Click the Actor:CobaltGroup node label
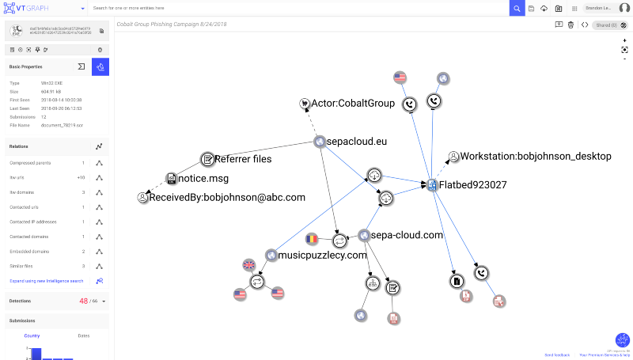tap(352, 104)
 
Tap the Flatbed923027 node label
tap(474, 185)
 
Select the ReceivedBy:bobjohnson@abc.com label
tap(227, 197)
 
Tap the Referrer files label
tap(244, 159)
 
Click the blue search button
tap(517, 8)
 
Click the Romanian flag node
tap(313, 238)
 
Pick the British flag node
tap(249, 265)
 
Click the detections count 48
tap(84, 301)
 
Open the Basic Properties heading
tap(26, 66)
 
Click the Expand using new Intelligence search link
tap(46, 281)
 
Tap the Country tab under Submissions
tap(32, 335)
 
